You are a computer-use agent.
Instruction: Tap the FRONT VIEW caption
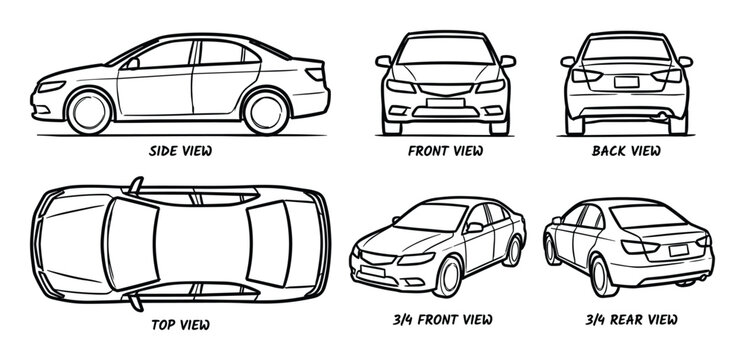click(x=445, y=151)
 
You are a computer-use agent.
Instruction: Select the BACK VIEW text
click(x=626, y=151)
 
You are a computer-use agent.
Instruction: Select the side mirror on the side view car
click(x=132, y=62)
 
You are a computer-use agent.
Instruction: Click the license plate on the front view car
click(x=445, y=100)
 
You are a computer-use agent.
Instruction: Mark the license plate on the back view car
click(x=626, y=83)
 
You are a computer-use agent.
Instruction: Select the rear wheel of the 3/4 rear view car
click(x=600, y=272)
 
